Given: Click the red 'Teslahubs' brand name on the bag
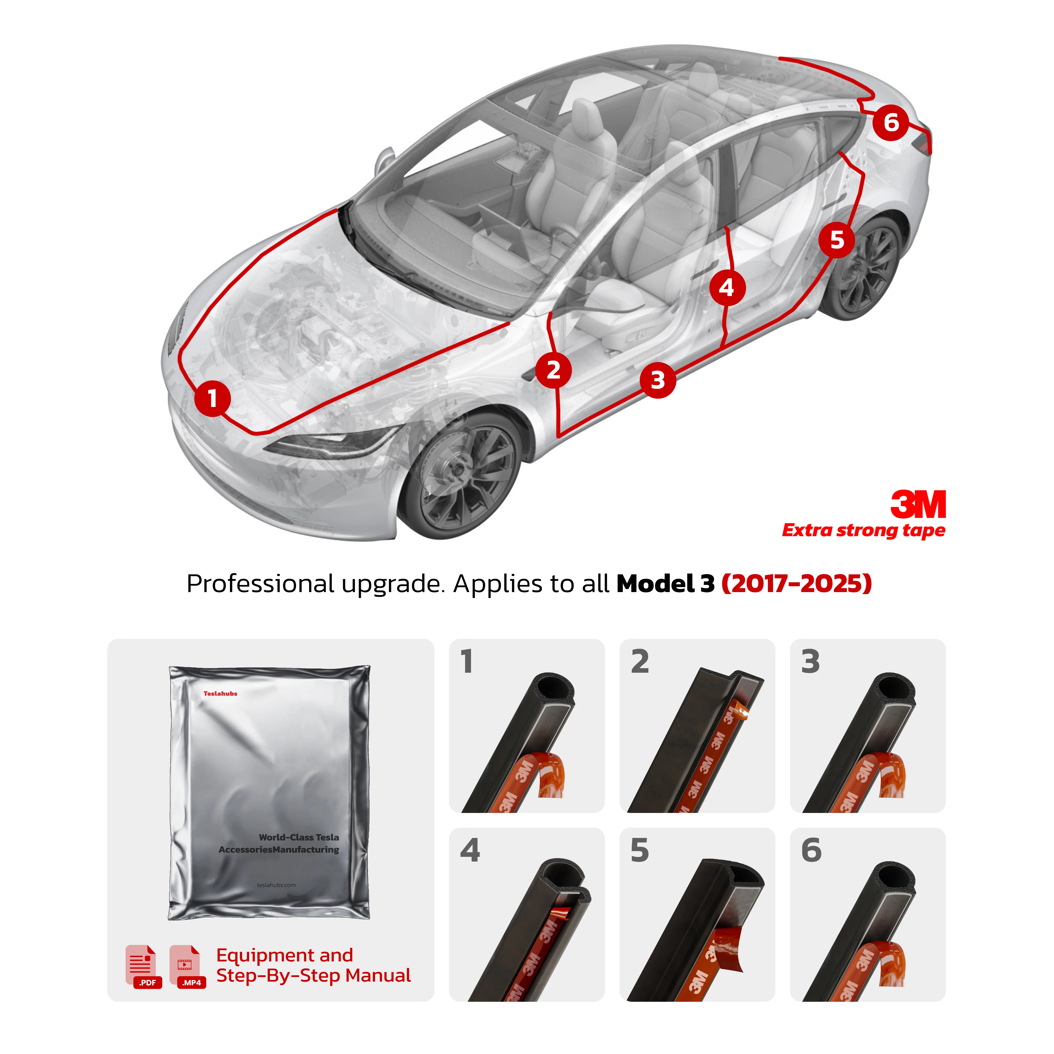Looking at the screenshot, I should (x=220, y=693).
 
